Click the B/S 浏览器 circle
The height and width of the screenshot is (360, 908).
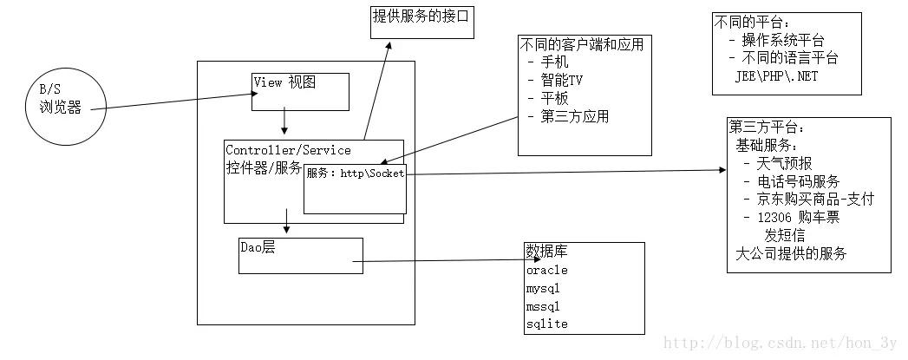coord(58,101)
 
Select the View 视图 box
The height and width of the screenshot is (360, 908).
coord(300,92)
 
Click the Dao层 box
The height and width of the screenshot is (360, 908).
coord(300,255)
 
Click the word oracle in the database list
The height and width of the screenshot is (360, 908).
coord(546,270)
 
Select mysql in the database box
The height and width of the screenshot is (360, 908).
coord(544,288)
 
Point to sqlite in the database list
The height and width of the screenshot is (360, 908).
coord(546,324)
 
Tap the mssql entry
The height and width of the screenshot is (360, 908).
coord(544,306)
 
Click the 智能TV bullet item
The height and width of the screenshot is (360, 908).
coord(555,79)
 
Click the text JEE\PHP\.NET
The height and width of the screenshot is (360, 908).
coord(776,76)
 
